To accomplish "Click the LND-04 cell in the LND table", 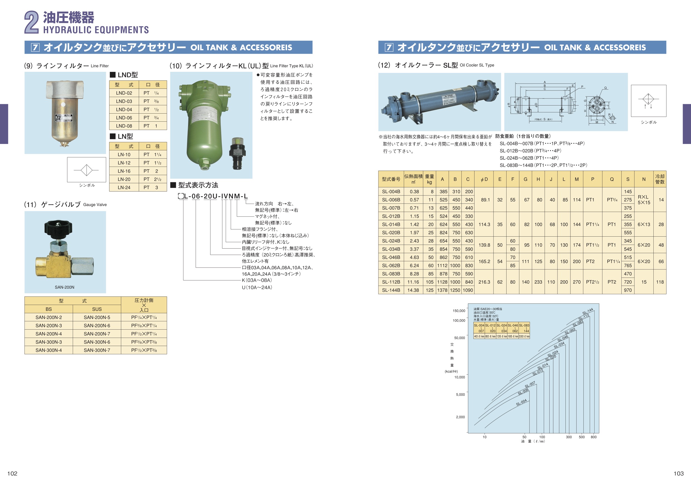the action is [124, 109].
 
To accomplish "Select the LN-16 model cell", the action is [124, 171].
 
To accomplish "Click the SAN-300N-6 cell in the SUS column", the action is [97, 342].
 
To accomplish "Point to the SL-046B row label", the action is [391, 258].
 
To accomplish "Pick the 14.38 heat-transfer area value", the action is [413, 290].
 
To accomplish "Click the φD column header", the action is [484, 179].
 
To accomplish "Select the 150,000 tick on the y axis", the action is [459, 311].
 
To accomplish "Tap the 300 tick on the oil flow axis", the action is [569, 437].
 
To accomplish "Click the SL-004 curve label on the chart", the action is [521, 402].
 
